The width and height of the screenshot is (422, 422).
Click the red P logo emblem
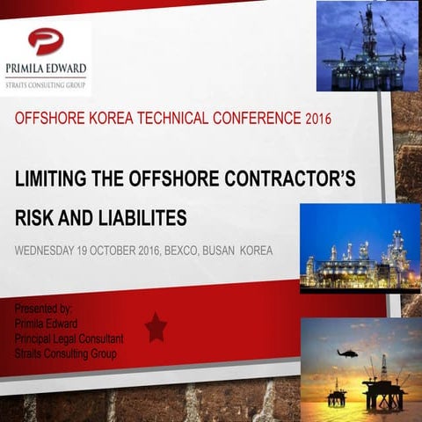coord(45,40)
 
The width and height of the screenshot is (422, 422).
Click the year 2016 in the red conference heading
coord(316,118)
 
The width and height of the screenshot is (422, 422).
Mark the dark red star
coord(156,327)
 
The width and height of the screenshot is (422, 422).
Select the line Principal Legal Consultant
coord(69,338)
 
